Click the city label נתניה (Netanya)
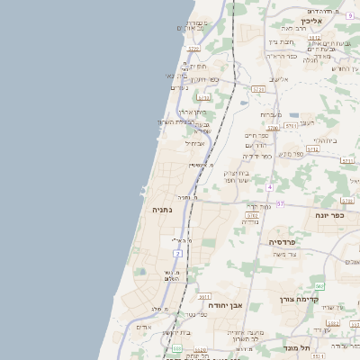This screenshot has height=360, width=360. tap(163, 210)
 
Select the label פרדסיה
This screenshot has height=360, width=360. tap(287, 242)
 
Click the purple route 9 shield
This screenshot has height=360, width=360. tap(348, 15)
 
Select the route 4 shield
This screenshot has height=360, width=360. tap(268, 186)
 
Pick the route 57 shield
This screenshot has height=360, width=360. tap(279, 204)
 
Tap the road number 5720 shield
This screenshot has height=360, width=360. tap(234, 90)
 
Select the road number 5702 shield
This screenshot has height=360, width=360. tap(252, 216)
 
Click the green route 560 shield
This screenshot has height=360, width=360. tap(319, 286)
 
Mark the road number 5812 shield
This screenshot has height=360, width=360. tap(289, 38)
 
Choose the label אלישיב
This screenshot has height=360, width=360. tap(279, 79)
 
